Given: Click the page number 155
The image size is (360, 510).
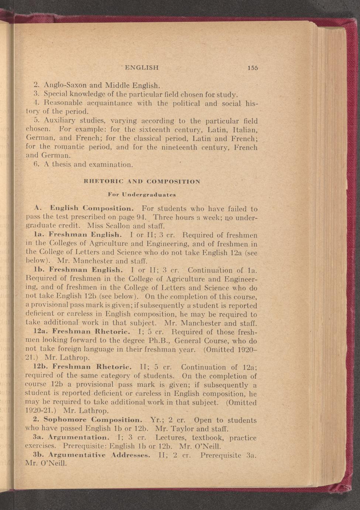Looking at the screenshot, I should pos(253,68).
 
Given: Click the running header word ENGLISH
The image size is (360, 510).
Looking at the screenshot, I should pos(142,68).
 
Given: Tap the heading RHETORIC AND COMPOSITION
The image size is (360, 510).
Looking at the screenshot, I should pos(142,181).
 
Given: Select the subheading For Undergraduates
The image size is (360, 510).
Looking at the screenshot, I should pos(142,194).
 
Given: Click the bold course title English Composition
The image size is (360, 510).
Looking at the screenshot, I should pos(94,209).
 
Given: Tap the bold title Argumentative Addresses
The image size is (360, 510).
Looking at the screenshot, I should pos(99,455).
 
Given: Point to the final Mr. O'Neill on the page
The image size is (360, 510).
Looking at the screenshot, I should pos(46,463).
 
